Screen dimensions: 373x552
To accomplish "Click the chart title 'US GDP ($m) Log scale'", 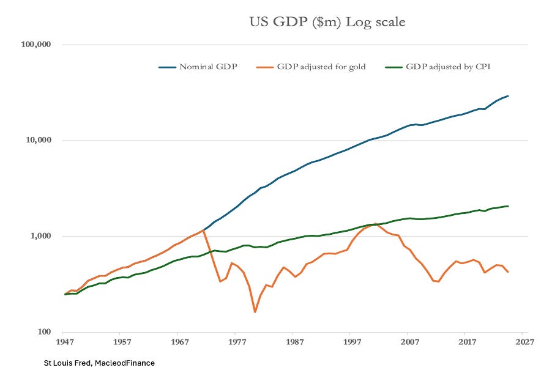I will [x=327, y=23].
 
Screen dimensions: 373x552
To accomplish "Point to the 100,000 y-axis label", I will [x=35, y=45].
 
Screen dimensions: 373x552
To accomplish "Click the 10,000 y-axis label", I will [x=37, y=141].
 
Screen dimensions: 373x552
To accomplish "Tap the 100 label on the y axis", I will [x=43, y=332].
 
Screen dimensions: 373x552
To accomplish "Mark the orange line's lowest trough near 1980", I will [x=255, y=312].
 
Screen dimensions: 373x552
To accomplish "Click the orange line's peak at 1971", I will [x=203, y=230].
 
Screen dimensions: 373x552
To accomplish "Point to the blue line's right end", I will [x=508, y=96].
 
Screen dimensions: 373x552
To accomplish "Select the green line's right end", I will [x=508, y=206].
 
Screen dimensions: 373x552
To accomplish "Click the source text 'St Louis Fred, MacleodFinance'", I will [x=99, y=363].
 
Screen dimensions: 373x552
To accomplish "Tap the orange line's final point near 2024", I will [x=508, y=271].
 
